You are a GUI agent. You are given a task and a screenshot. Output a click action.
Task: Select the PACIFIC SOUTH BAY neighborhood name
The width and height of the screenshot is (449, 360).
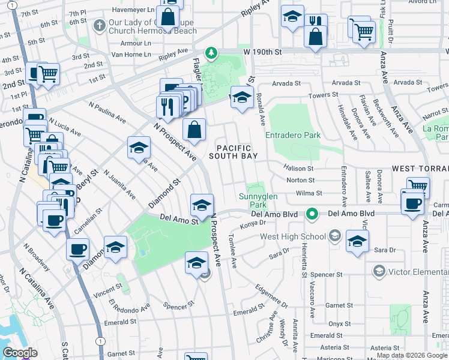(x=234, y=152)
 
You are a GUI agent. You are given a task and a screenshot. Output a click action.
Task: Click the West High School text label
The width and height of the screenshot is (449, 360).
(x=293, y=236)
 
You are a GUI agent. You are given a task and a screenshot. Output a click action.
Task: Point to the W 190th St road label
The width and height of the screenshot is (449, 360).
(x=262, y=53)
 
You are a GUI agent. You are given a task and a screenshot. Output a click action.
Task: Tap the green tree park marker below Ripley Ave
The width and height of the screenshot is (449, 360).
(x=211, y=53)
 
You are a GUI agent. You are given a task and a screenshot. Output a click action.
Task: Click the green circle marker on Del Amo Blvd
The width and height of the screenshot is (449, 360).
(x=311, y=214)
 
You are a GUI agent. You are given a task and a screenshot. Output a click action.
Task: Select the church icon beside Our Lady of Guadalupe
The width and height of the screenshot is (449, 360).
(x=100, y=26)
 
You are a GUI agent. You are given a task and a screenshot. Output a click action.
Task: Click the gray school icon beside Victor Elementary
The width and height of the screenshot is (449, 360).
(x=378, y=271)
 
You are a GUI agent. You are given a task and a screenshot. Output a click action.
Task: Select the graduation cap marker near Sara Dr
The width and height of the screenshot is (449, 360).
(x=357, y=242)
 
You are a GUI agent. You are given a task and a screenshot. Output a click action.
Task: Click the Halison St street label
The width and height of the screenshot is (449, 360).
(x=298, y=169)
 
